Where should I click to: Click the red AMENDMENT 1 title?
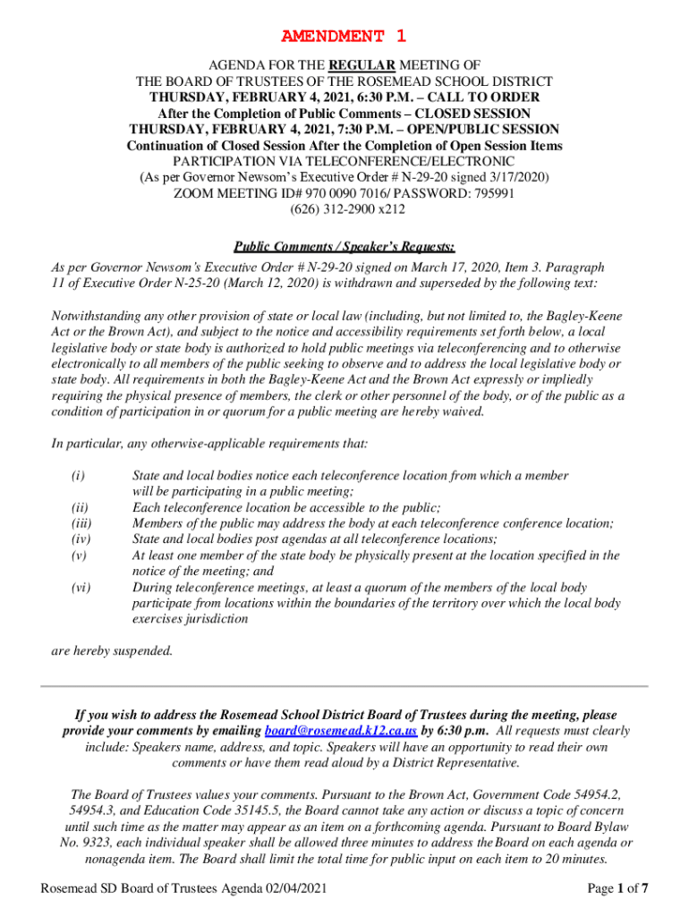click(344, 37)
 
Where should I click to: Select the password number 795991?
click(491, 194)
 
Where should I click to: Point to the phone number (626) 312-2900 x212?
click(344, 210)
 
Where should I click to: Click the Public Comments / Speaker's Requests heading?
click(344, 247)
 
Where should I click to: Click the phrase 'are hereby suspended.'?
click(111, 651)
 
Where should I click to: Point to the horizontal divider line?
click(344, 685)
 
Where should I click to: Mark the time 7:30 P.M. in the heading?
click(350, 130)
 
